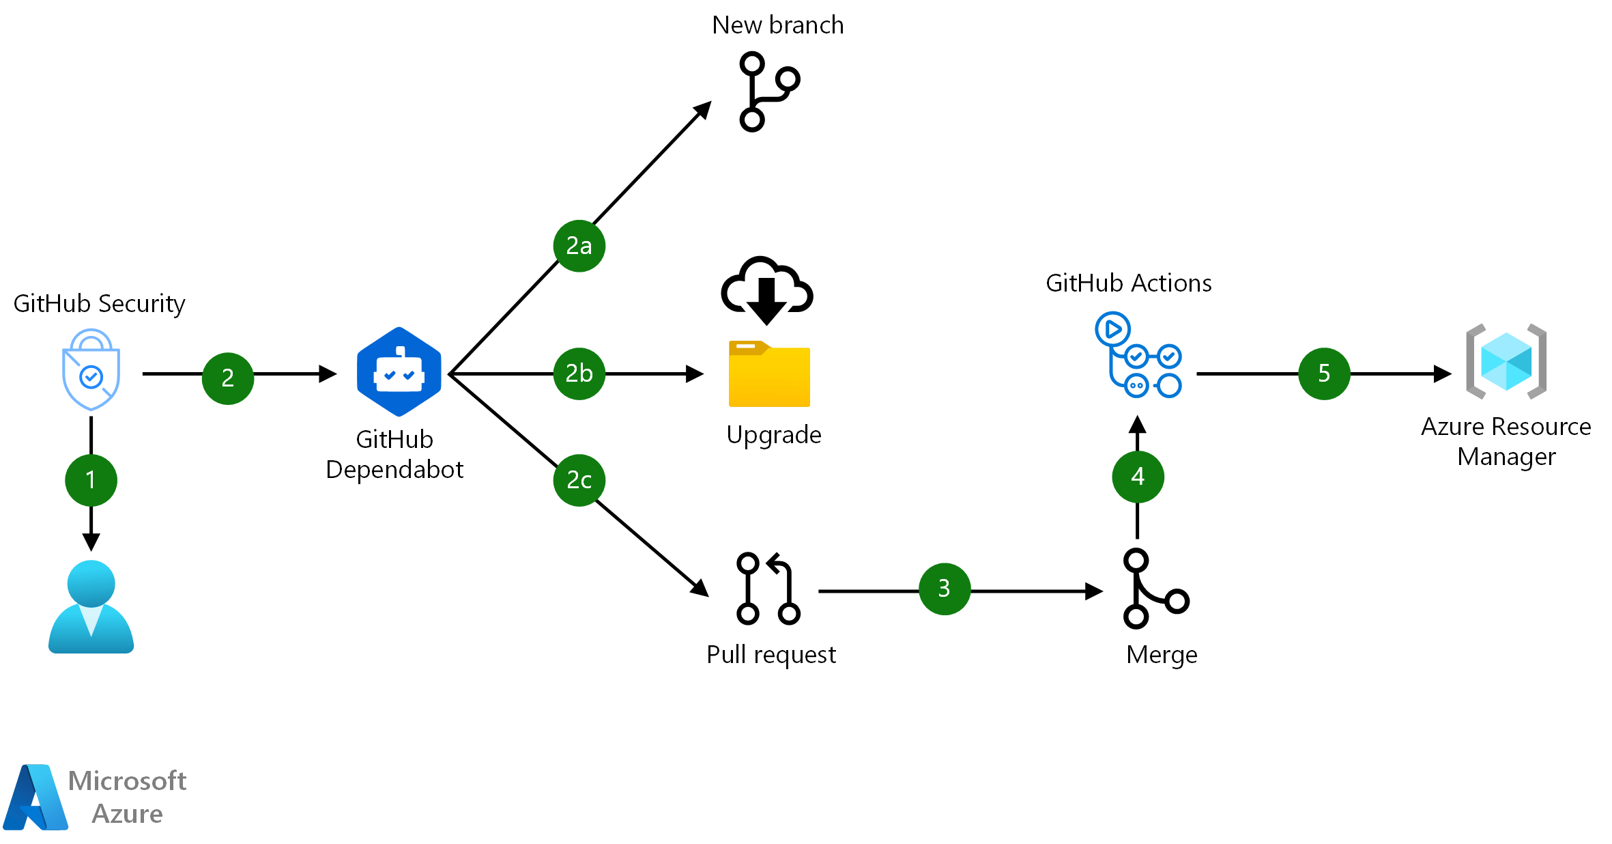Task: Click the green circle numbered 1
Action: (x=91, y=480)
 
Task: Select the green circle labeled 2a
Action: (x=579, y=246)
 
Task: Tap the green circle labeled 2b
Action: (x=579, y=374)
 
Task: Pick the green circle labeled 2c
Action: (x=579, y=480)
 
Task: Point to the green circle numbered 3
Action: (x=945, y=589)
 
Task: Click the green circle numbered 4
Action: (x=1138, y=477)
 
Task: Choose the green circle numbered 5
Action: (x=1324, y=374)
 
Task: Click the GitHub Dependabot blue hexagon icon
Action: (x=399, y=372)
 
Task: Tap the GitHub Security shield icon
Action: (x=91, y=369)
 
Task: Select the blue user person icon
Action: (x=91, y=607)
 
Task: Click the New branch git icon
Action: (x=767, y=92)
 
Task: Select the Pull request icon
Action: (x=768, y=589)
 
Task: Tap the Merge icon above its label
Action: (x=1153, y=589)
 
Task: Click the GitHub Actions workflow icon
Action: (x=1138, y=355)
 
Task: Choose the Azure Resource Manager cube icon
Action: (x=1506, y=361)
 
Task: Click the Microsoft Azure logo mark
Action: (x=35, y=798)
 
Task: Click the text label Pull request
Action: (x=771, y=655)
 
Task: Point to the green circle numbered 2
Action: (x=228, y=378)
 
